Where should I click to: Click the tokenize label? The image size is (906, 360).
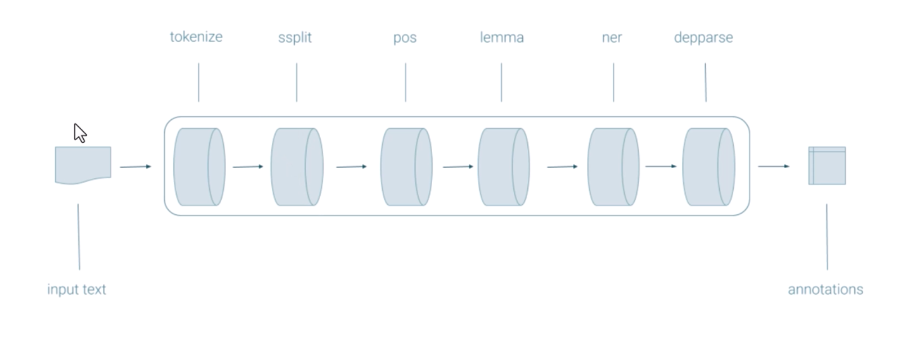(x=196, y=37)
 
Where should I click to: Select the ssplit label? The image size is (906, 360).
(x=294, y=38)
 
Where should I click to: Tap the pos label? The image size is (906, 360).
(x=405, y=38)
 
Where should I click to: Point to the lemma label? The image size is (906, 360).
(x=501, y=38)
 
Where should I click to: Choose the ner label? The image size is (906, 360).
(x=612, y=38)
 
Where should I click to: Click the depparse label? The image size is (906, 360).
(x=703, y=38)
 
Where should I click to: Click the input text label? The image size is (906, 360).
(x=77, y=289)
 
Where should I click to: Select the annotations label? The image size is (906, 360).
(x=825, y=289)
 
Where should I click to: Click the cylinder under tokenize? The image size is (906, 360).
(x=199, y=166)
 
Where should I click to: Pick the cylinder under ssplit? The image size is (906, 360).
(x=297, y=166)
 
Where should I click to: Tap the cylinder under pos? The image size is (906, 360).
(x=406, y=166)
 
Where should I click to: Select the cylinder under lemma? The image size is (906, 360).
(x=504, y=166)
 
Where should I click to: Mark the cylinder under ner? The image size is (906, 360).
(x=613, y=166)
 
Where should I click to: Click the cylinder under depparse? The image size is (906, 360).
(x=708, y=166)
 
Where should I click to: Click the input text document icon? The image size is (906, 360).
(x=83, y=165)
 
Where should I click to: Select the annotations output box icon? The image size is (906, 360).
(x=827, y=165)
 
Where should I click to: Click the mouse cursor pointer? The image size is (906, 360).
(x=79, y=133)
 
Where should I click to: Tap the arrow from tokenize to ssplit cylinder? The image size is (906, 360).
(x=248, y=166)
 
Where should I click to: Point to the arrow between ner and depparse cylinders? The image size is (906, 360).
(x=661, y=166)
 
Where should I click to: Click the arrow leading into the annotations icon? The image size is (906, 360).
(x=773, y=166)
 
